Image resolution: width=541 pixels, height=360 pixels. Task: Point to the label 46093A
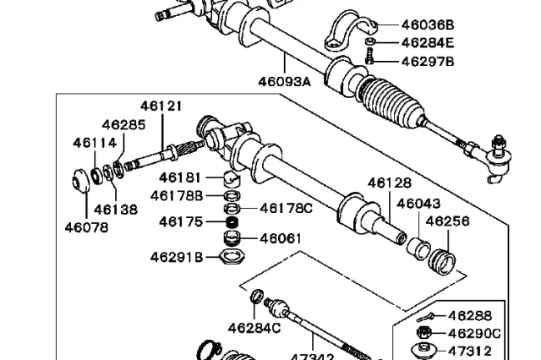point(285,81)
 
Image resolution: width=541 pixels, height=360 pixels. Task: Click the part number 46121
point(161,107)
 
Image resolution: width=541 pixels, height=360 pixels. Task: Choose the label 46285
point(124,125)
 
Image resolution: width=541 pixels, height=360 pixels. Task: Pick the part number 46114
point(95,143)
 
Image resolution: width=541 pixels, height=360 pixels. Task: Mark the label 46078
point(86,226)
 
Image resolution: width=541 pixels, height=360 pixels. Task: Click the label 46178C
point(286,207)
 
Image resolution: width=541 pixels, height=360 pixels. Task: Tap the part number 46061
point(281,238)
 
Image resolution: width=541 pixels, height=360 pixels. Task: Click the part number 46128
point(390,183)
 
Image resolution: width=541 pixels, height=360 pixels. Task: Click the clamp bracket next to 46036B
point(344,32)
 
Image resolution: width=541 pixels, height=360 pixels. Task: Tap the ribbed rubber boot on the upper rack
point(391,101)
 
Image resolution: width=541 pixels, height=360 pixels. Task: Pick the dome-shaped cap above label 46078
point(80,182)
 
